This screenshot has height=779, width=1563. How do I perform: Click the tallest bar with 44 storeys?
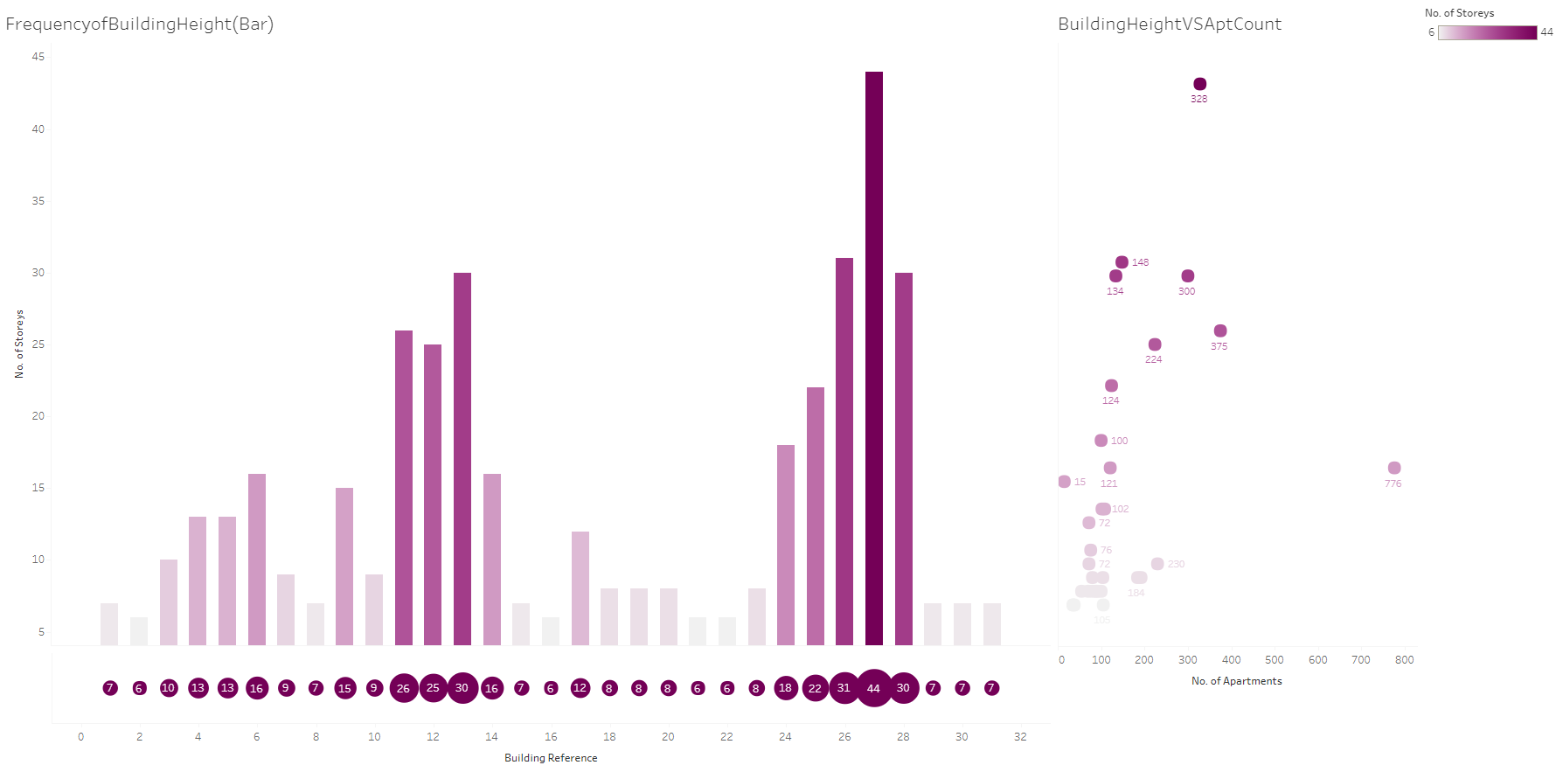pyautogui.click(x=873, y=358)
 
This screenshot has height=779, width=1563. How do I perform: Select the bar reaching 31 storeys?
pyautogui.click(x=844, y=451)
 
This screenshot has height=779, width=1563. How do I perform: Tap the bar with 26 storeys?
pyautogui.click(x=404, y=488)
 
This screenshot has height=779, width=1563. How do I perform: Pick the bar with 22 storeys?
pyautogui.click(x=815, y=516)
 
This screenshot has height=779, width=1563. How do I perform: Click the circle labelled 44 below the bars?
pyautogui.click(x=873, y=688)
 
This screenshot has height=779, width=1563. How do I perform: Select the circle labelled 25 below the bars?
pyautogui.click(x=433, y=688)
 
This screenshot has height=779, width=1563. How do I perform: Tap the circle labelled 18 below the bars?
pyautogui.click(x=785, y=688)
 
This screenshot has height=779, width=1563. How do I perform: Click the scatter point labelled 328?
pyautogui.click(x=1199, y=84)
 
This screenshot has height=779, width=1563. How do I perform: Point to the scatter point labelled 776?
pyautogui.click(x=1394, y=468)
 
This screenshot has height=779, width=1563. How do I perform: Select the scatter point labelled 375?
pyautogui.click(x=1220, y=330)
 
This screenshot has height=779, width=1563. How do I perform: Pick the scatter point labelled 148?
pyautogui.click(x=1122, y=262)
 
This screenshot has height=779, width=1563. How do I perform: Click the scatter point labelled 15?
pyautogui.click(x=1064, y=482)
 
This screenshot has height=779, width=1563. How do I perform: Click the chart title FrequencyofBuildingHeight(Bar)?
pyautogui.click(x=140, y=24)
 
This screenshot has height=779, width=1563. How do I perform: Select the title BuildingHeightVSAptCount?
pyautogui.click(x=1170, y=24)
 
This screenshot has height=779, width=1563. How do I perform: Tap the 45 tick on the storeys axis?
pyautogui.click(x=38, y=57)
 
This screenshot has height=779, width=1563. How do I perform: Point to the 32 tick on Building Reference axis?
pyautogui.click(x=1020, y=737)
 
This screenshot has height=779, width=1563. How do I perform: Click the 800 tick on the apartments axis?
pyautogui.click(x=1404, y=660)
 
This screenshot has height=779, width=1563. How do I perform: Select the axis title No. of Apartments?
pyautogui.click(x=1236, y=681)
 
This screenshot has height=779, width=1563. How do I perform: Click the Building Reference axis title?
pyautogui.click(x=551, y=758)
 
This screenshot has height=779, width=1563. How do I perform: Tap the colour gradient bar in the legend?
pyautogui.click(x=1487, y=32)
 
